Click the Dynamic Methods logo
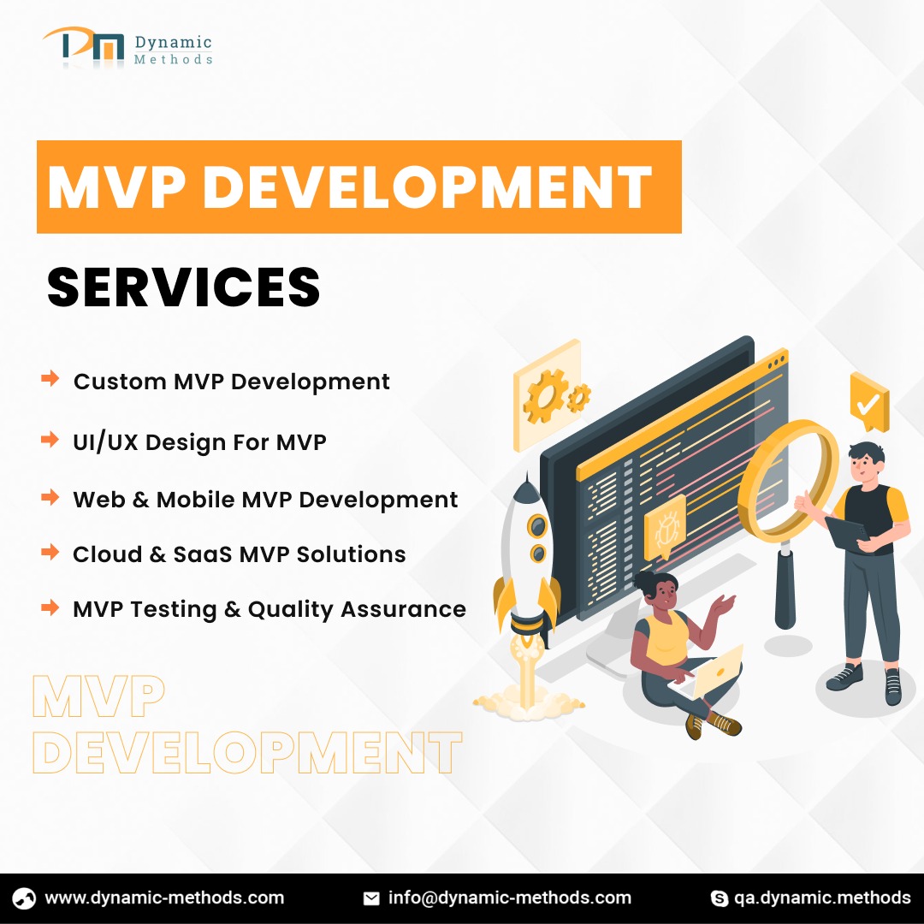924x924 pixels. (x=127, y=46)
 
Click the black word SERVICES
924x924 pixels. (x=183, y=287)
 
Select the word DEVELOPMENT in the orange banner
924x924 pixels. (x=427, y=187)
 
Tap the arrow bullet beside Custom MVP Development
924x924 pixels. (x=50, y=378)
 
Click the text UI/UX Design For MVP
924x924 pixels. (x=199, y=442)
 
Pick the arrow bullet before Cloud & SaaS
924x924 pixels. (x=50, y=552)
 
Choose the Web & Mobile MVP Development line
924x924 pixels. (x=265, y=500)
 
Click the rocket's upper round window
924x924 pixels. (x=536, y=525)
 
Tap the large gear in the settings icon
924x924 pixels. (x=544, y=397)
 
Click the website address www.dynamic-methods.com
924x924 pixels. (x=164, y=898)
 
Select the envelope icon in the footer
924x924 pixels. (x=371, y=898)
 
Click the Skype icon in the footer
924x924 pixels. (x=720, y=898)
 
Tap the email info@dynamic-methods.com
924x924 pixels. (x=510, y=898)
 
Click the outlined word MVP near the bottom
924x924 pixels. (x=98, y=697)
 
